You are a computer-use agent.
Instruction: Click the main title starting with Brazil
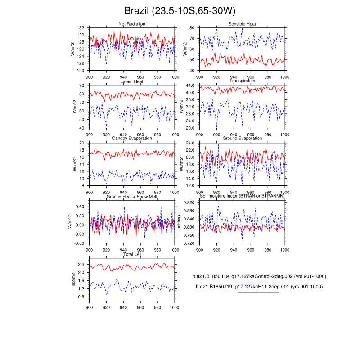(x=180, y=11)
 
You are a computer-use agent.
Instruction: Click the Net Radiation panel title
(x=131, y=23)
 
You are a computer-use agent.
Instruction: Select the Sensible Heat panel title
(x=243, y=23)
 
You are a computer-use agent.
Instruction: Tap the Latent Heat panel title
(x=131, y=81)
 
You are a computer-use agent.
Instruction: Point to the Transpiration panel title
(x=243, y=81)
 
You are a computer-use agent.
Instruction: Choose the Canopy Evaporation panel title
(x=131, y=139)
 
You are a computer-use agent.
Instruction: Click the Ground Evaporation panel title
(x=243, y=139)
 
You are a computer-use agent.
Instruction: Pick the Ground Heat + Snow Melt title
(x=131, y=197)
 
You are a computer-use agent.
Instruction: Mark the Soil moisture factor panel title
(x=243, y=197)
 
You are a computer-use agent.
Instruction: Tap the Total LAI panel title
(x=131, y=255)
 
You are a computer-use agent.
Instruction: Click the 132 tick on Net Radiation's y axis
(x=81, y=27)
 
